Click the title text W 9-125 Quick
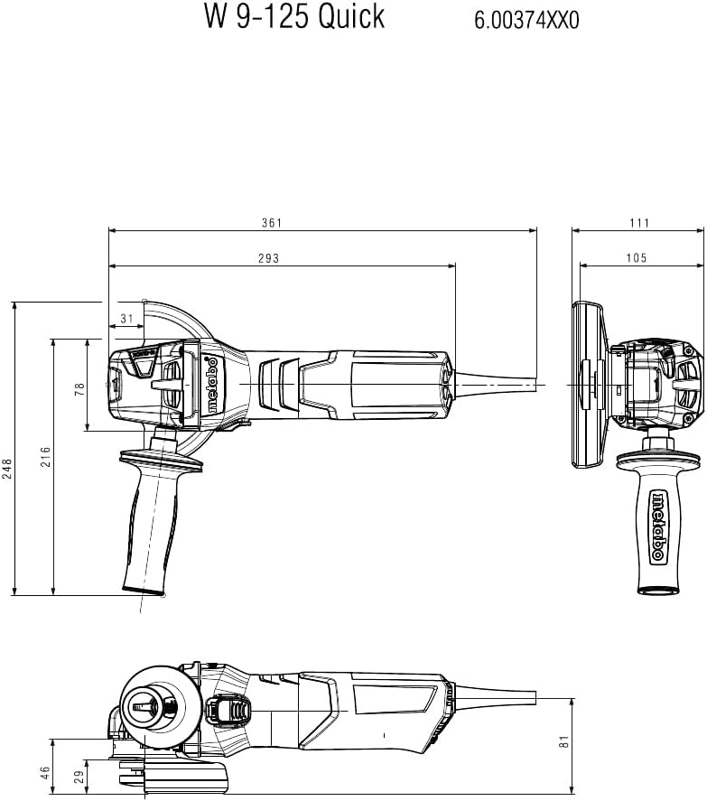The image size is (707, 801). pyautogui.click(x=294, y=16)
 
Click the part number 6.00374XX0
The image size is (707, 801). pyautogui.click(x=526, y=21)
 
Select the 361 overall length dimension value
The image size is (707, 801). pyautogui.click(x=272, y=223)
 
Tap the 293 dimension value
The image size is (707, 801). pyautogui.click(x=269, y=258)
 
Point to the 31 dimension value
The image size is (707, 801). pyautogui.click(x=126, y=319)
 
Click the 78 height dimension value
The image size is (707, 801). pyautogui.click(x=79, y=389)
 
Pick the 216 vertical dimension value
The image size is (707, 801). pyautogui.click(x=46, y=456)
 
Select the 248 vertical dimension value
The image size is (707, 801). pyautogui.click(x=7, y=469)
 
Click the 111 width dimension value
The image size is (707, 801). pyautogui.click(x=639, y=223)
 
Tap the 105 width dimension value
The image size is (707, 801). pyautogui.click(x=637, y=258)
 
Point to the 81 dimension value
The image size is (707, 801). pyautogui.click(x=564, y=741)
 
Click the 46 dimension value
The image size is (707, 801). pyautogui.click(x=46, y=772)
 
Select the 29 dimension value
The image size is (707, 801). pyautogui.click(x=79, y=777)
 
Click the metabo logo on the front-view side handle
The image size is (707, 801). pyautogui.click(x=658, y=527)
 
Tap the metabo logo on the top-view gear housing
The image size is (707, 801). pyautogui.click(x=212, y=386)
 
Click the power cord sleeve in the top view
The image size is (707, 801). pyautogui.click(x=495, y=384)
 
